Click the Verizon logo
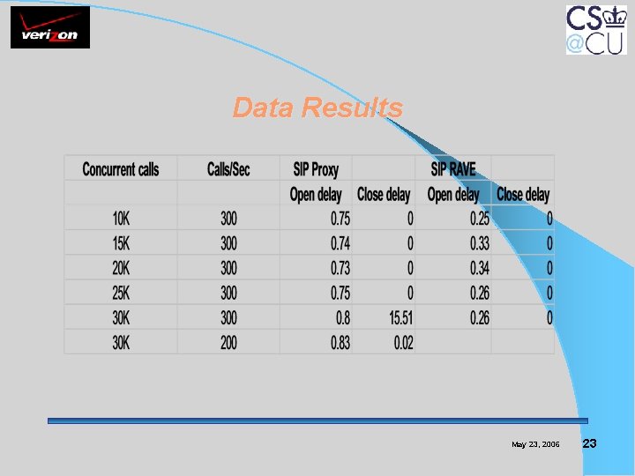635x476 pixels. (50, 29)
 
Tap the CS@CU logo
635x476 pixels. (596, 29)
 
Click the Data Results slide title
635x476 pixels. (317, 108)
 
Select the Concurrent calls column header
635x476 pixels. (121, 169)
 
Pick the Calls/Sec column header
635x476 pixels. (228, 169)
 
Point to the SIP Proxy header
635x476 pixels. (315, 169)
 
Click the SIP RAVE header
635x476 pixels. (452, 169)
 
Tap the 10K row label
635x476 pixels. (121, 219)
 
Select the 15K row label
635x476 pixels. (121, 243)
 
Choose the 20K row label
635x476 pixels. (121, 268)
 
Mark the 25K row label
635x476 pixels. (121, 293)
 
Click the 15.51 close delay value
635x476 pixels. (400, 317)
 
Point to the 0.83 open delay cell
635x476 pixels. (340, 343)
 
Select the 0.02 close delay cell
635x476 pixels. (403, 343)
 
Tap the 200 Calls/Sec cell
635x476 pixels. (228, 343)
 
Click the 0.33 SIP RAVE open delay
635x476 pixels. (479, 243)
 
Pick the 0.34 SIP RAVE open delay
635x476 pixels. (479, 268)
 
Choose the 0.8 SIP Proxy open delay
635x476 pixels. (342, 317)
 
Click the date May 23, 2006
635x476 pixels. (535, 444)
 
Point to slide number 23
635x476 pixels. (590, 443)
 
